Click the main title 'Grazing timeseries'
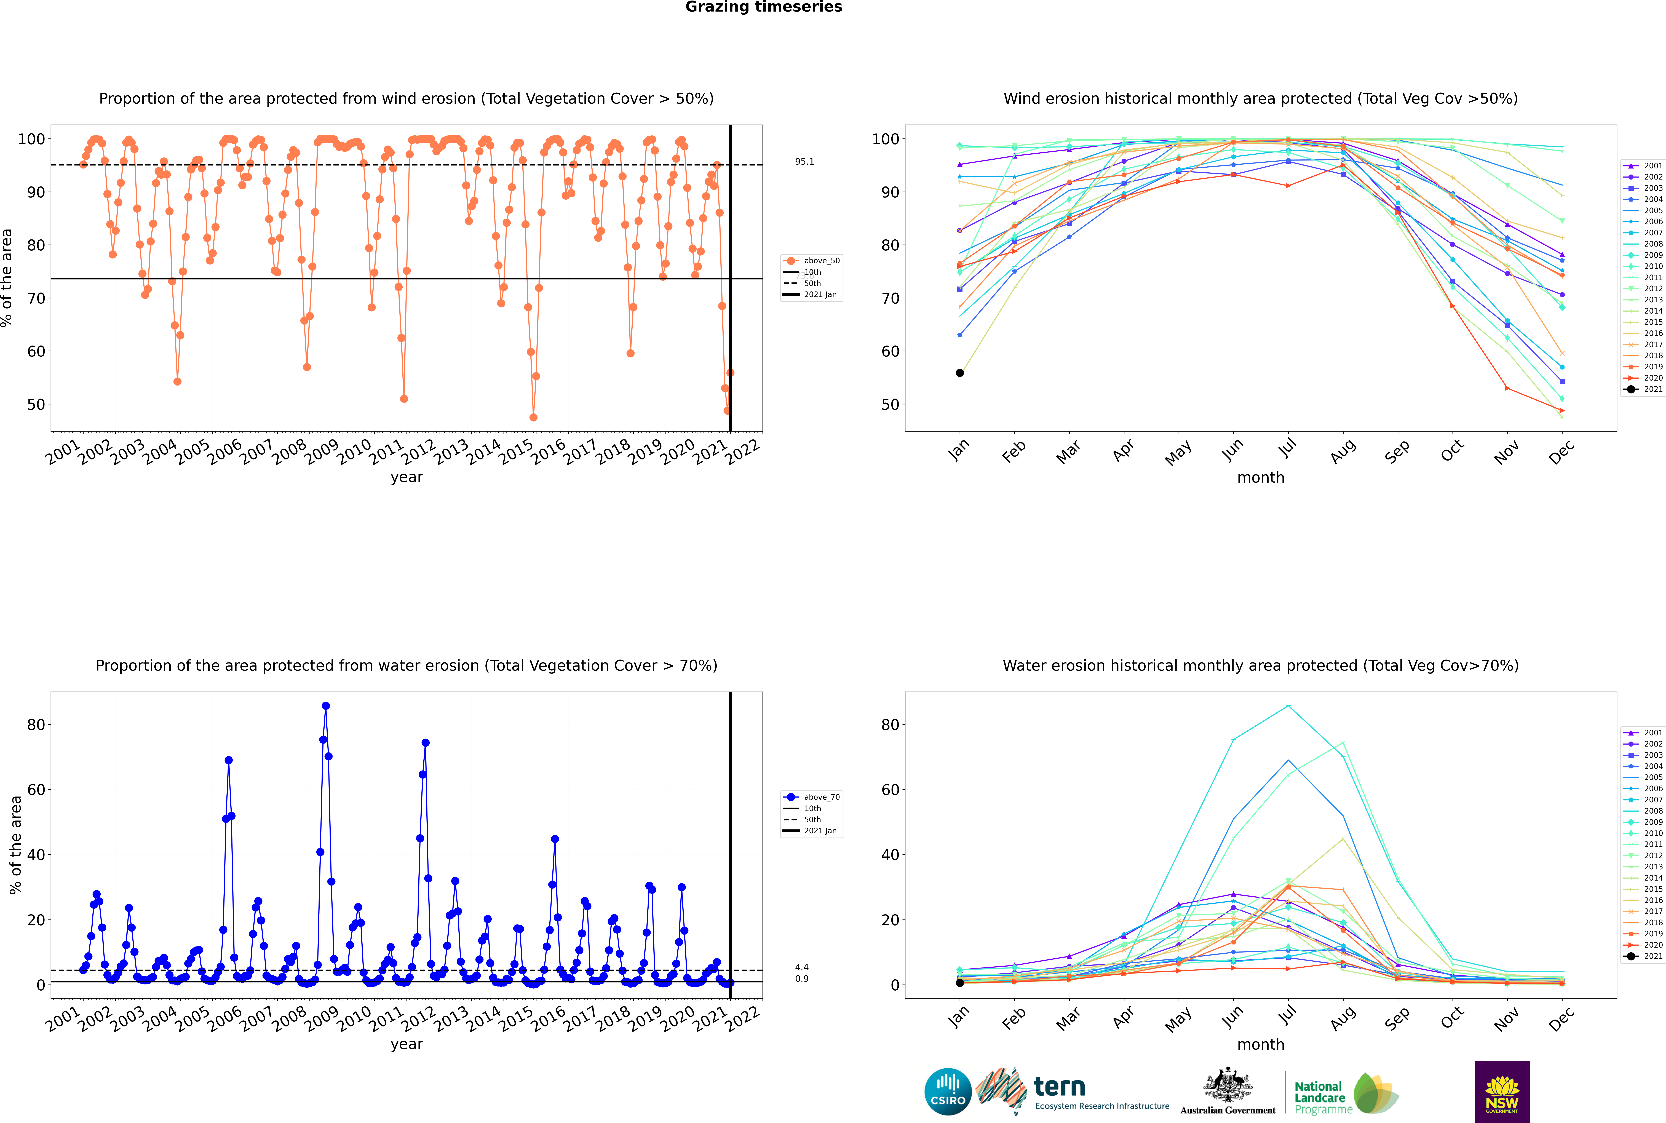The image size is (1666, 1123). pyautogui.click(x=764, y=7)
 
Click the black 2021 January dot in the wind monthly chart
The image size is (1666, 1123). pyautogui.click(x=960, y=372)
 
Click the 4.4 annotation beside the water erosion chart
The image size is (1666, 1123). pyautogui.click(x=801, y=967)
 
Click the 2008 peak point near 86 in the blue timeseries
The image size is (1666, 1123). pyautogui.click(x=326, y=705)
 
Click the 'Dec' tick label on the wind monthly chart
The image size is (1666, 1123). pyautogui.click(x=1561, y=451)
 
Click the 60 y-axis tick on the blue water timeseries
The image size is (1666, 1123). pyautogui.click(x=36, y=789)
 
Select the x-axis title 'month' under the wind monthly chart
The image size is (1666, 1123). pyautogui.click(x=1261, y=478)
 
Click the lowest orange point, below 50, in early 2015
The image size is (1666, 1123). pyautogui.click(x=533, y=418)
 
